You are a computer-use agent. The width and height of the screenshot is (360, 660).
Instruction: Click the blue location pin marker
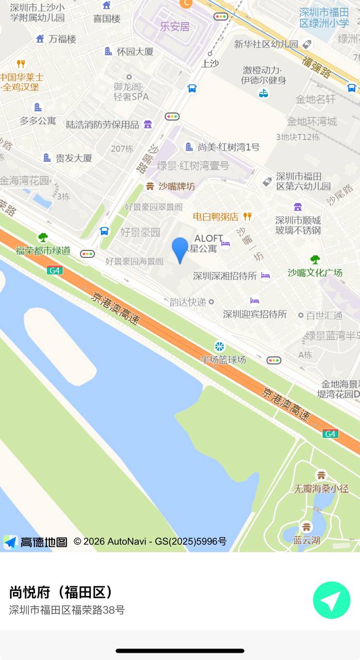(x=180, y=250)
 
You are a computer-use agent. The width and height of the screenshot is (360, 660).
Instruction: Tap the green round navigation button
(x=332, y=600)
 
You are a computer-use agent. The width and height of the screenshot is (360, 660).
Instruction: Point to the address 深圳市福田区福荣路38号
(x=67, y=610)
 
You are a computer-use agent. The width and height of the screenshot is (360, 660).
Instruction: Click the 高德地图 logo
(x=36, y=541)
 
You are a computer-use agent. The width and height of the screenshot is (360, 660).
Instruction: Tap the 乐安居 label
(x=175, y=27)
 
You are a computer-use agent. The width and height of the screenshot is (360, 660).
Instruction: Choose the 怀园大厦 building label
(x=135, y=52)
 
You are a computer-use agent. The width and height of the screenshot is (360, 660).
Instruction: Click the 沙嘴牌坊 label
(x=176, y=186)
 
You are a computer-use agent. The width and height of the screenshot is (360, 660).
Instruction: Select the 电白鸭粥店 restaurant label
(x=216, y=217)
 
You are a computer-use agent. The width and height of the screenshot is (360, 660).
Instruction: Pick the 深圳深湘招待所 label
(x=225, y=276)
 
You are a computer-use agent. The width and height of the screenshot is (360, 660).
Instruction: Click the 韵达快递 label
(x=188, y=302)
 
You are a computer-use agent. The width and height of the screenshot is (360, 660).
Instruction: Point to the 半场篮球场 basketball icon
(x=220, y=346)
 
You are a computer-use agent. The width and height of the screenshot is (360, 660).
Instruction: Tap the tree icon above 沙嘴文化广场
(x=315, y=260)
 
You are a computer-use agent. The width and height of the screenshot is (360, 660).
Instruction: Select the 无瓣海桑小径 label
(x=321, y=488)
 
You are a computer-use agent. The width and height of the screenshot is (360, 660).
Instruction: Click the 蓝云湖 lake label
(x=307, y=540)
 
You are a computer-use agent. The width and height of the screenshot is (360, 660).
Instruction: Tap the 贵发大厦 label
(x=74, y=158)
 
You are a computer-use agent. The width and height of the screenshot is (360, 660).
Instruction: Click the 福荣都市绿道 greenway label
(x=43, y=251)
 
